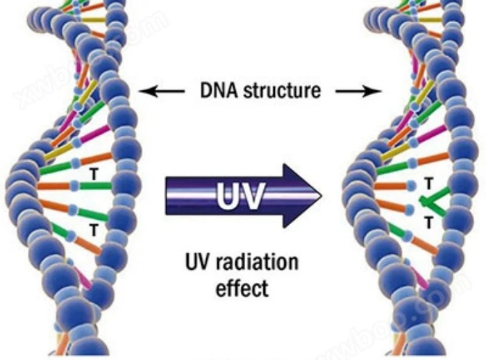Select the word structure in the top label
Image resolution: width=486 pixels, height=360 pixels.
click(281, 91)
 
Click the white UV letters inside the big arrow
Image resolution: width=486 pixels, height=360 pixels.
click(240, 196)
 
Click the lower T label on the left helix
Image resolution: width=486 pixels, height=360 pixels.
click(93, 226)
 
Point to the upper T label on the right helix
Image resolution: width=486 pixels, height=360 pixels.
click(428, 183)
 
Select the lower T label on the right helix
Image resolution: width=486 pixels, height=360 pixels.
click(428, 223)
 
